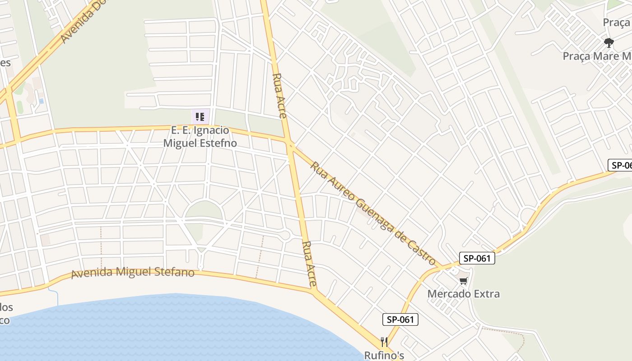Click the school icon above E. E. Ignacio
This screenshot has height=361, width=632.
(x=200, y=117)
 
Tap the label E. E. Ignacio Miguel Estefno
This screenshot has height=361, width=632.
(x=200, y=137)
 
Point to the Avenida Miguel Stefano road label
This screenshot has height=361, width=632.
(x=133, y=273)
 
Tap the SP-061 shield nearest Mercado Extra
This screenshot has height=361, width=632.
(x=477, y=258)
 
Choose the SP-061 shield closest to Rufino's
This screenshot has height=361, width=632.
(x=400, y=319)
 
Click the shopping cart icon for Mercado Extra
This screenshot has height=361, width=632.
(x=463, y=281)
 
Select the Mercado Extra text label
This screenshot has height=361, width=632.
(x=464, y=294)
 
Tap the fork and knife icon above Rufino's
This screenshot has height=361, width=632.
(x=384, y=342)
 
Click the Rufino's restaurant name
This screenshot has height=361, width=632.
(x=384, y=355)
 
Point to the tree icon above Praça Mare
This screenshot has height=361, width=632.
(x=609, y=43)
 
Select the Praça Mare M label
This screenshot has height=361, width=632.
(x=597, y=56)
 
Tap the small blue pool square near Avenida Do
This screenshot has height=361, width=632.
(x=41, y=101)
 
